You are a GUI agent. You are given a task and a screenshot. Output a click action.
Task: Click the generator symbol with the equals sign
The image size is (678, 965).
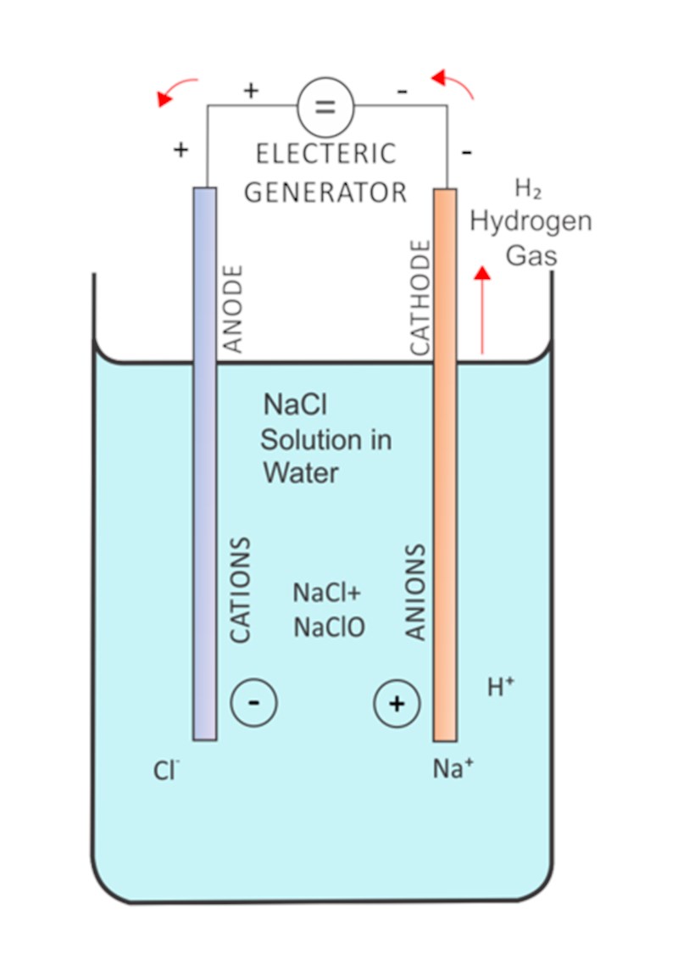pos(325,107)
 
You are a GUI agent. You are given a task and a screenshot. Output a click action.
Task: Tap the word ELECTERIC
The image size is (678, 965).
pos(326,153)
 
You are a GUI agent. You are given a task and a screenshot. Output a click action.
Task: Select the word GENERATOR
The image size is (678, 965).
pos(325,192)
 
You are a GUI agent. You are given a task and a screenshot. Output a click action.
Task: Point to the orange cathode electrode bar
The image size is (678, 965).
pos(445,466)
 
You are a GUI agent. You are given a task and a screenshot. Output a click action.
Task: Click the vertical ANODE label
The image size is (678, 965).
pos(232,309)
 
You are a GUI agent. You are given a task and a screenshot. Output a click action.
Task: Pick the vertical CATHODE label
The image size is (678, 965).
pos(420,298)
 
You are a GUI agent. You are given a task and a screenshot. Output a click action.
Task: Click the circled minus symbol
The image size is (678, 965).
pos(253,703)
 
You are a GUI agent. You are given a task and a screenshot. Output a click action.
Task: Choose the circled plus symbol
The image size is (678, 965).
pos(397,704)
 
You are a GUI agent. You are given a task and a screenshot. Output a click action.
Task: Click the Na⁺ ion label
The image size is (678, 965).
pos(453,768)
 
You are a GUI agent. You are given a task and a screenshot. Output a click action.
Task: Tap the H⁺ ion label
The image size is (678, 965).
pos(501,687)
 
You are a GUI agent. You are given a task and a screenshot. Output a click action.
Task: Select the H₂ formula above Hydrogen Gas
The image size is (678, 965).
pos(528,188)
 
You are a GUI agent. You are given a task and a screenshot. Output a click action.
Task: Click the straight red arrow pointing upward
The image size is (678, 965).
pos(482,310)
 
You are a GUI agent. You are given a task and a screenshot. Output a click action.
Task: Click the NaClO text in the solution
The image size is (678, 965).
pos(329,628)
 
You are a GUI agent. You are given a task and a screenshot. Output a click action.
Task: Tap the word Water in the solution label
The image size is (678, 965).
pos(301,473)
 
